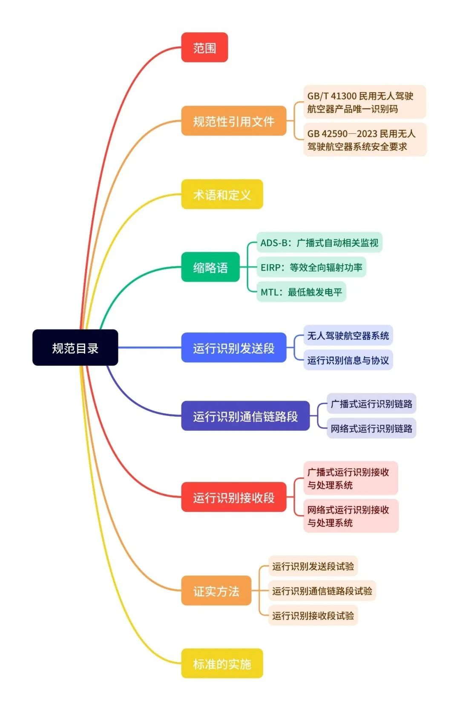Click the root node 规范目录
point(75,348)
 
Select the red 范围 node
point(204,48)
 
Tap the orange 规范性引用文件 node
point(233,121)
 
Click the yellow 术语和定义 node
point(222,195)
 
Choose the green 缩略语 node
point(210,267)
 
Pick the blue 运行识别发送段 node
point(233,348)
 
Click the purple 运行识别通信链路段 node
point(245,416)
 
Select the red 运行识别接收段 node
point(233,497)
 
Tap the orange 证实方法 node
point(216,591)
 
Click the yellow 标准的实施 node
point(222,663)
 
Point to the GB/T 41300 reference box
point(364,102)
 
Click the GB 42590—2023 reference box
point(365,140)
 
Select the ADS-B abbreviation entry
point(319,243)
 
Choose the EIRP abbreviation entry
point(311,267)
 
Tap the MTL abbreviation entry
point(301,292)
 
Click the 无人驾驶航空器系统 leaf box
point(348,336)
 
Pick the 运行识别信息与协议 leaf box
point(348,360)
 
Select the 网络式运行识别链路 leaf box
point(371,428)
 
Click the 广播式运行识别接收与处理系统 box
point(350,478)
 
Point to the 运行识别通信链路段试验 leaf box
point(322,591)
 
